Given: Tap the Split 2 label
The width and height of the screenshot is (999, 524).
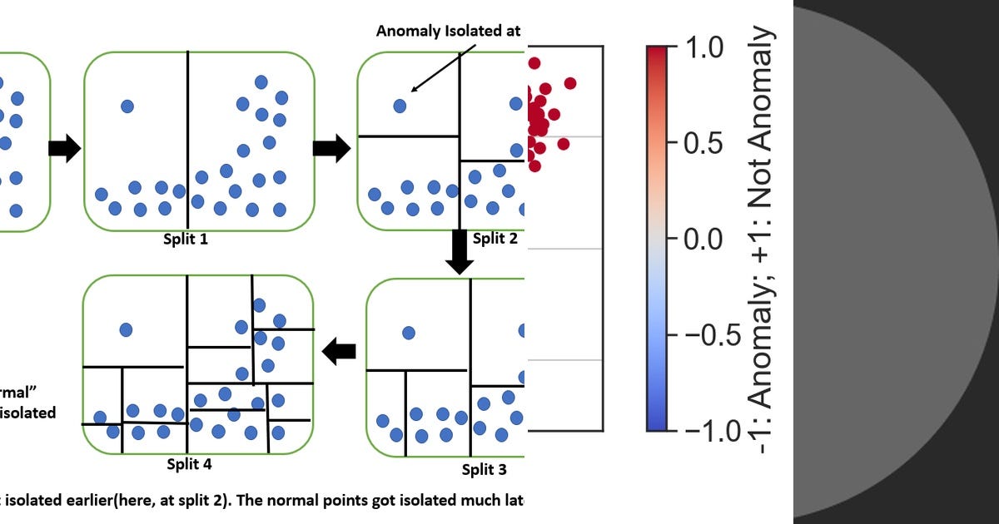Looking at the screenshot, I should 495,239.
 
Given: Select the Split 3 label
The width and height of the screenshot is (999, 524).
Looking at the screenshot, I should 484,470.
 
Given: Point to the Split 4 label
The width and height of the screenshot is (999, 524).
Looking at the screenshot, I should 189,464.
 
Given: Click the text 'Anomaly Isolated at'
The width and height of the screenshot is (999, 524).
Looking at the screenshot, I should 448,31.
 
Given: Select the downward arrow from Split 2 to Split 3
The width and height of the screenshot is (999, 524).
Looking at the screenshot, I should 459,252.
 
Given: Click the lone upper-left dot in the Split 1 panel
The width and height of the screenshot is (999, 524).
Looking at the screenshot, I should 127,106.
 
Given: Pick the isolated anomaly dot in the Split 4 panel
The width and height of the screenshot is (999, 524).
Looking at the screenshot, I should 126,329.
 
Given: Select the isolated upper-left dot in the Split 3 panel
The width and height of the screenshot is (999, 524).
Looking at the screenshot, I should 408,333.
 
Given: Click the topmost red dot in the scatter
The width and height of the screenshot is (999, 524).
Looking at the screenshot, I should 534,63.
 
